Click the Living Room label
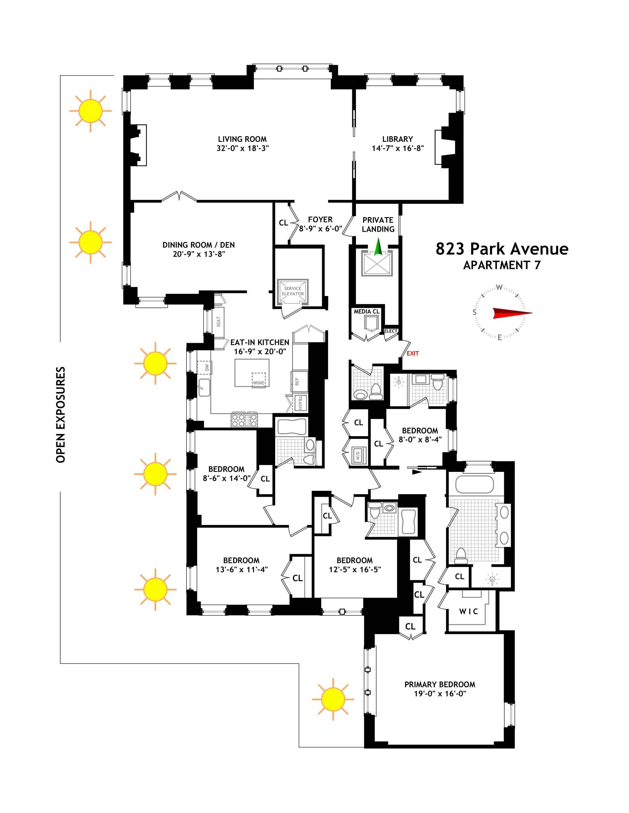point(242,139)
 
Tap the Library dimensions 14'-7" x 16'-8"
point(397,148)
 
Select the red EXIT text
point(412,353)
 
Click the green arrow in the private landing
point(378,247)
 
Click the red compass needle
point(512,313)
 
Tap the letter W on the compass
point(499,287)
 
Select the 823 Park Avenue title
point(502,249)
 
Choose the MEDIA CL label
point(366,311)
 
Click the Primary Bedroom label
point(440,684)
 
